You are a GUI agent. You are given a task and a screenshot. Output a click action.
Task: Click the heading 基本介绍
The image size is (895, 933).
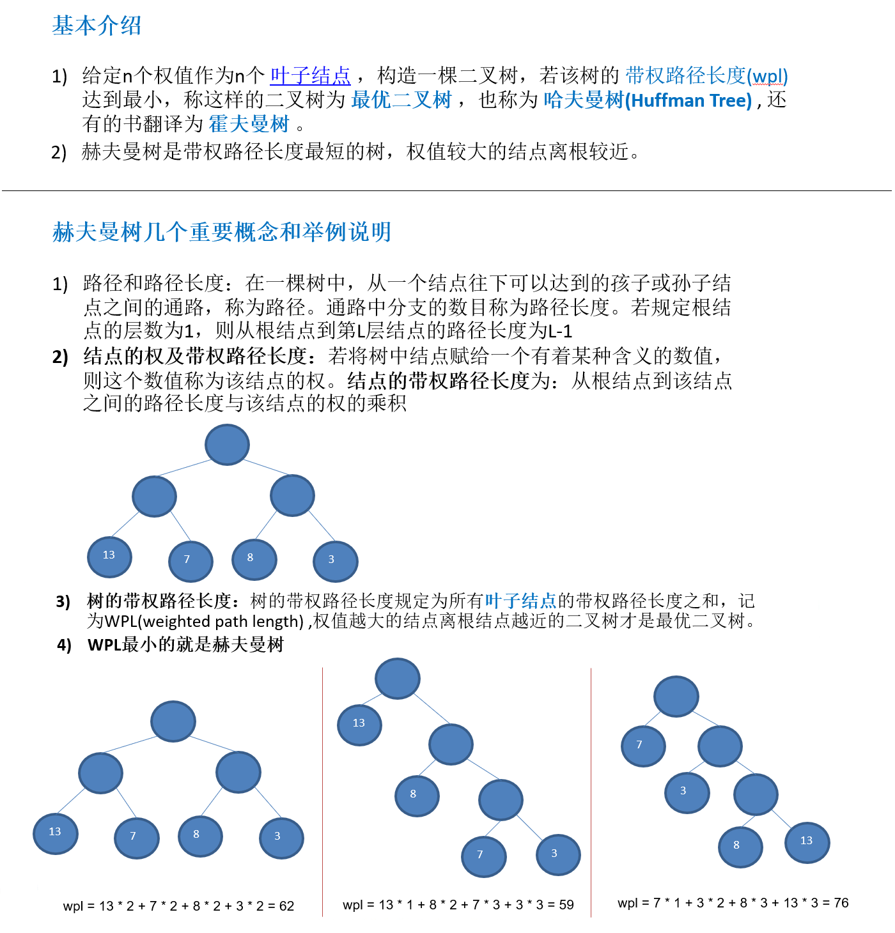pos(97,26)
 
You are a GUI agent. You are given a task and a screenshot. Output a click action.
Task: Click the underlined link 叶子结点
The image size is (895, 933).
pos(310,75)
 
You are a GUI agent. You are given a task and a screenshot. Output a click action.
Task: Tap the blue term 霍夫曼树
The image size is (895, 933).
pos(249,123)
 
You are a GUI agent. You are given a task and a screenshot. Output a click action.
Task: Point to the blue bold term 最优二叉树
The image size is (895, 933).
pos(401,100)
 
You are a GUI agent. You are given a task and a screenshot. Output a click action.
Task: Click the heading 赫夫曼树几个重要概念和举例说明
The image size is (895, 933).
pos(221,232)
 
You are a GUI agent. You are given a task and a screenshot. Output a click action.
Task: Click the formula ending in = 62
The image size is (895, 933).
pos(178,906)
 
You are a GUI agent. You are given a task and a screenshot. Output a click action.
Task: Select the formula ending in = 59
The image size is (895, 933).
pos(458,904)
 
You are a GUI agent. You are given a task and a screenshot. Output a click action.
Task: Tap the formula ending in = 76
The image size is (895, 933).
pos(733,902)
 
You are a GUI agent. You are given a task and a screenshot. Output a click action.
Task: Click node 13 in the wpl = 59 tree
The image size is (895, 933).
pos(359,723)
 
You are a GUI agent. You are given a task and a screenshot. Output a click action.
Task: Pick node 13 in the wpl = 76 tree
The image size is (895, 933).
pos(807,841)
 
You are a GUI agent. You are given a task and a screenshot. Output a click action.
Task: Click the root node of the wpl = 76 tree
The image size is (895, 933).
pos(676,696)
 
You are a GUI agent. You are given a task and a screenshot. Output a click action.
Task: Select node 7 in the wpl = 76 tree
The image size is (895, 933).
pos(642,745)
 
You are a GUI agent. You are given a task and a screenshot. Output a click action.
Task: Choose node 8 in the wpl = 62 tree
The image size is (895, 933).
pos(200,835)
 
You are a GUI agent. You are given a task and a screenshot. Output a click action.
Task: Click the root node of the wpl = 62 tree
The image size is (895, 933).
pos(173,721)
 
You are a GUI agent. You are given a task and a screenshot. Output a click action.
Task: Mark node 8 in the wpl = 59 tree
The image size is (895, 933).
pos(417,794)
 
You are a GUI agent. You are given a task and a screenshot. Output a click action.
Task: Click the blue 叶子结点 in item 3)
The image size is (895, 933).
pos(520,601)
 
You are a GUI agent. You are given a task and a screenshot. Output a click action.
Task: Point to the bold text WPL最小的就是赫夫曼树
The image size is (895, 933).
pos(185,644)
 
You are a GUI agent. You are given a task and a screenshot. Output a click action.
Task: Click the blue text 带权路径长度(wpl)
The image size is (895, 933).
pos(706,75)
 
